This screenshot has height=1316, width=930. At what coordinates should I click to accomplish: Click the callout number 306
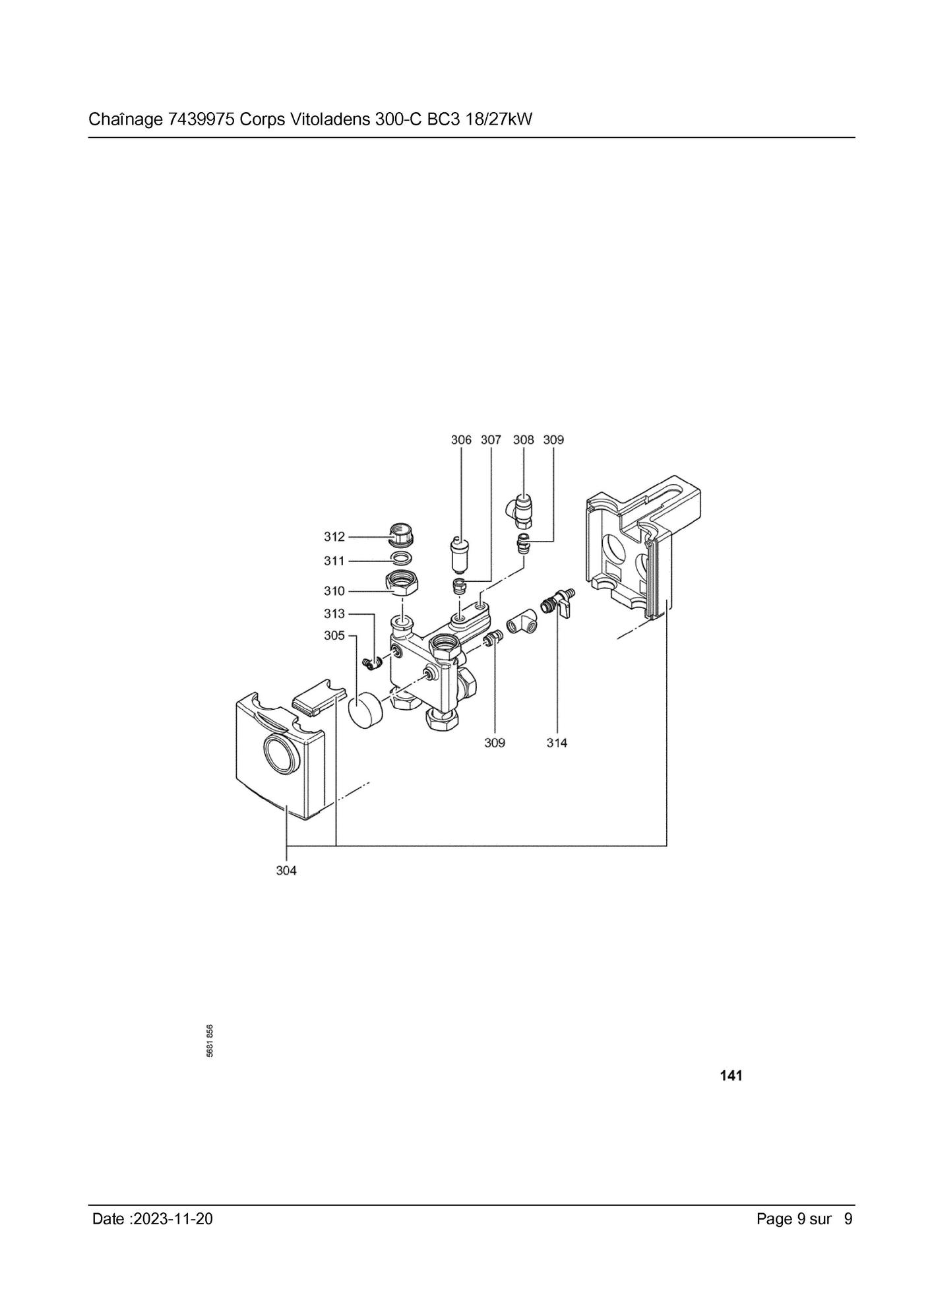coord(461,440)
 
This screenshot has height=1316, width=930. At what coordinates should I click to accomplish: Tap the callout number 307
coord(491,440)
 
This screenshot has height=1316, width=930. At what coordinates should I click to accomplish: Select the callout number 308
coord(524,440)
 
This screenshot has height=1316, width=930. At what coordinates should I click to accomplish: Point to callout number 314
coord(557,743)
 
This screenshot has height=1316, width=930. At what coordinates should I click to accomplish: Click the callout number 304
coord(286,871)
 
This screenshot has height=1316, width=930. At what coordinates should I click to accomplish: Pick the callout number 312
coord(334,537)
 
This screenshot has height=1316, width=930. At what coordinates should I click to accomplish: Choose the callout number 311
coord(334,561)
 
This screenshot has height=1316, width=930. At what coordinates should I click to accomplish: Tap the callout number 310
coord(334,591)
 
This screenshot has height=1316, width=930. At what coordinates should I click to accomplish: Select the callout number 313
coord(334,614)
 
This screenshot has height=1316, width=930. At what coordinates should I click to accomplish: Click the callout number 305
coord(334,636)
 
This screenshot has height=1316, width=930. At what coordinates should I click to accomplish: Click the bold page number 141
coord(731,1076)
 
